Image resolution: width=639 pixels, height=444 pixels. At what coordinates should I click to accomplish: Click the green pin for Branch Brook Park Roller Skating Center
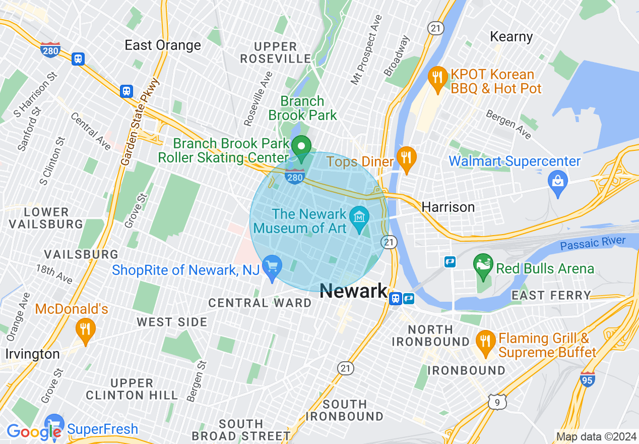pyautogui.click(x=302, y=148)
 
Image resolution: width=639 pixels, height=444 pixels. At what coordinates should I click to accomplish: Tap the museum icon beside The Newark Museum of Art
pyautogui.click(x=360, y=218)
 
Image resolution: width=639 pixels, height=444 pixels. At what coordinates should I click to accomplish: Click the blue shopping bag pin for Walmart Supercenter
pyautogui.click(x=558, y=179)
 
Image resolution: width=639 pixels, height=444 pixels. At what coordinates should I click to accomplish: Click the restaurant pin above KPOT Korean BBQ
pyautogui.click(x=437, y=77)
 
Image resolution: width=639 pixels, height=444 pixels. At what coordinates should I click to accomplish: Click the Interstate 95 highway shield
pyautogui.click(x=588, y=379)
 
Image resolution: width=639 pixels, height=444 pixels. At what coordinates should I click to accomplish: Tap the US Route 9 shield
pyautogui.click(x=497, y=402)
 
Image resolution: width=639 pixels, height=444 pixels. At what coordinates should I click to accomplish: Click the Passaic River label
pyautogui.click(x=593, y=244)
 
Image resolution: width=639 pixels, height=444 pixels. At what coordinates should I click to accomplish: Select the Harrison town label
pyautogui.click(x=448, y=207)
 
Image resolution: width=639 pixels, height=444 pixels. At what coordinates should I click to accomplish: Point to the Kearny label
pyautogui.click(x=512, y=37)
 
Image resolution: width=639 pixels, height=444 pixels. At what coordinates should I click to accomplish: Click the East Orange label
pyautogui.click(x=163, y=45)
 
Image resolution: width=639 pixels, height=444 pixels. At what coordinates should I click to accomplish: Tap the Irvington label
pyautogui.click(x=33, y=354)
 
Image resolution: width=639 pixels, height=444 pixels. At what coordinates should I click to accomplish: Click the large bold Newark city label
pyautogui.click(x=353, y=291)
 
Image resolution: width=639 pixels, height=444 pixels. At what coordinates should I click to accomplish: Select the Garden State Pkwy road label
pyautogui.click(x=140, y=122)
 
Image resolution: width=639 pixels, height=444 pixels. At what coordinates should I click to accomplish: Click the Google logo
pyautogui.click(x=34, y=431)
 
